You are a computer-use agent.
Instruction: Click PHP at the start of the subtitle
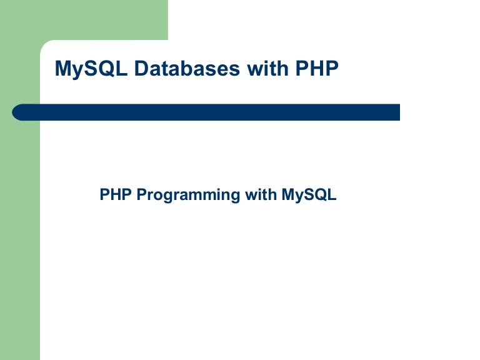pyautogui.click(x=116, y=195)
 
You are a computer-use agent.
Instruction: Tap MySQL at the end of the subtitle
pyautogui.click(x=309, y=196)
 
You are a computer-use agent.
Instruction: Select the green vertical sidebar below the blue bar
pyautogui.click(x=20, y=250)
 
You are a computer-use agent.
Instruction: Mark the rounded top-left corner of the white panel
pyautogui.click(x=45, y=45)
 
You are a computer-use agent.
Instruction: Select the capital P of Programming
pyautogui.click(x=141, y=195)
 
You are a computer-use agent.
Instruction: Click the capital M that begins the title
pyautogui.click(x=62, y=69)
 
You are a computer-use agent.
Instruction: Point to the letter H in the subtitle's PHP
pyautogui.click(x=116, y=195)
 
